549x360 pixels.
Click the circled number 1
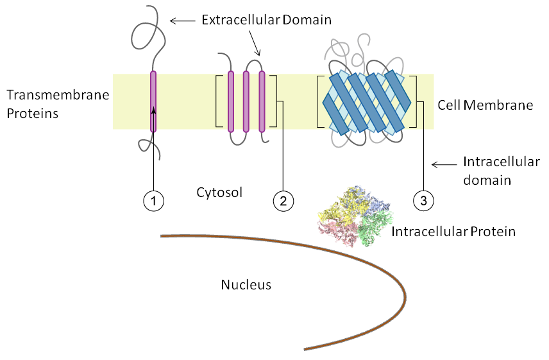pos(154,201)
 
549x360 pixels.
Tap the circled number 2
pos(283,201)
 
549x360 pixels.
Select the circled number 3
pos(423,201)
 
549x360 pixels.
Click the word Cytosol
pos(219,193)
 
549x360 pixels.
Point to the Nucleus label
pos(246,285)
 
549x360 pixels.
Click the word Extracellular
pos(241,20)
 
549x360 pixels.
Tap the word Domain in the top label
pos(307,20)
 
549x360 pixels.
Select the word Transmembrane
pos(58,95)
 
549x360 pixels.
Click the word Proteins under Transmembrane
pos(33,114)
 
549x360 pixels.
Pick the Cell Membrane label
pos(486,105)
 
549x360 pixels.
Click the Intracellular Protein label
pos(453,232)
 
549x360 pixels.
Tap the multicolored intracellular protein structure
pos(355,216)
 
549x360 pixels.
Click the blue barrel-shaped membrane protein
pos(367,102)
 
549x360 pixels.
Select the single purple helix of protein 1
pos(153,101)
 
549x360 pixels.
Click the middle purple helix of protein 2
pos(246,101)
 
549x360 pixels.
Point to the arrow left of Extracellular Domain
pos(182,21)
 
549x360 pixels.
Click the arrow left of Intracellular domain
pos(444,164)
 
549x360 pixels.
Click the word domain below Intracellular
pos(487,180)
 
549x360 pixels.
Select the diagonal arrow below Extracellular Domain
pos(255,43)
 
